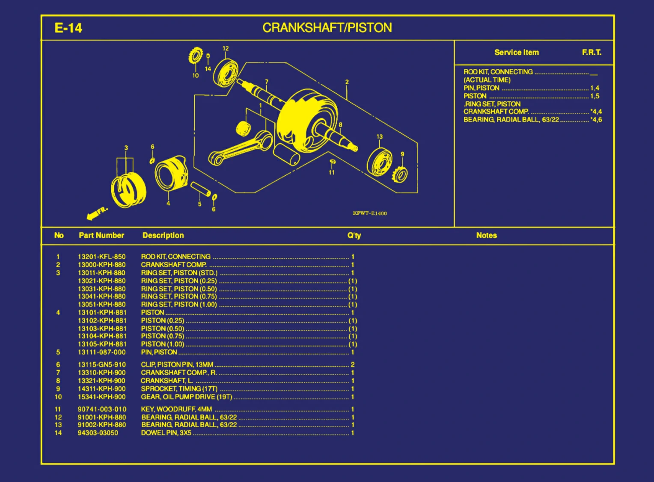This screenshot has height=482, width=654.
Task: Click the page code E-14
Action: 68,28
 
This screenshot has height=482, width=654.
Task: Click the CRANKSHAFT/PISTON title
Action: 327,28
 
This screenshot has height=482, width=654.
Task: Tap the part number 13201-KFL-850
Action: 102,257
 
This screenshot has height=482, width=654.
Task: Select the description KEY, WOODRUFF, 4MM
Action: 176,409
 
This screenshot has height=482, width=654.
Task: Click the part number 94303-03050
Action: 98,433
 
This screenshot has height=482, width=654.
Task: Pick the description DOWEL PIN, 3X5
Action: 166,433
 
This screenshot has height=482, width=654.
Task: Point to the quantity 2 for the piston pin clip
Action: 353,364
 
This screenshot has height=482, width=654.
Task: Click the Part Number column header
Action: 101,235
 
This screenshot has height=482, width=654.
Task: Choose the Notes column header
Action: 487,235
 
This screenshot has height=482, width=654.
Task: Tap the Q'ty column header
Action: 354,235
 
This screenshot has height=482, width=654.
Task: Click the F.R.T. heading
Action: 592,52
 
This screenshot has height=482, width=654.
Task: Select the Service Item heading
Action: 517,52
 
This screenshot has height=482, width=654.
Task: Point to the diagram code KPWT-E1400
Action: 370,213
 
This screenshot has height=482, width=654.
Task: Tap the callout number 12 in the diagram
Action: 226,48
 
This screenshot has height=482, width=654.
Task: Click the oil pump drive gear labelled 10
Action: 196,56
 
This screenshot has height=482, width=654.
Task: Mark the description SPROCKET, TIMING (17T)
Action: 179,389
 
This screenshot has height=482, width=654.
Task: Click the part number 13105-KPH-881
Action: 102,344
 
